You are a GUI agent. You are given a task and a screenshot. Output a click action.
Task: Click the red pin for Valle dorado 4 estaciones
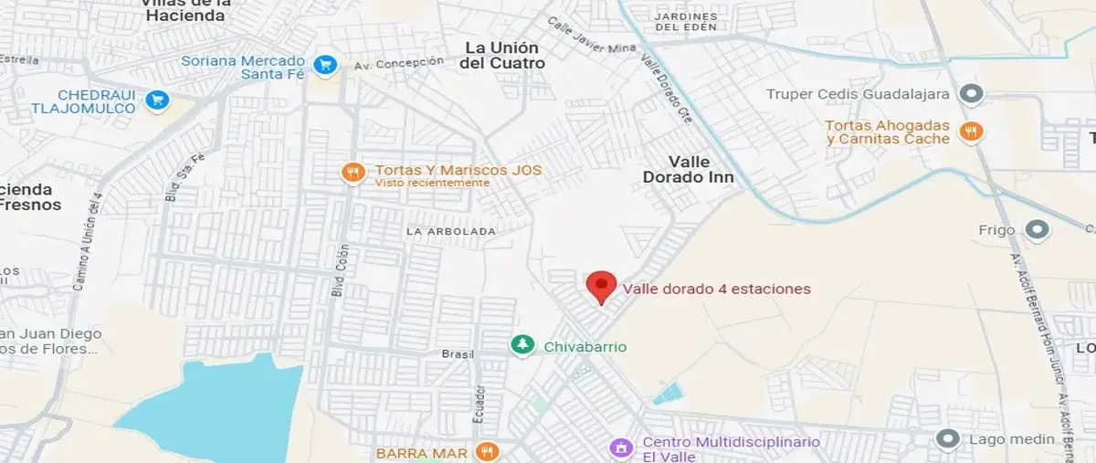pyautogui.click(x=600, y=285)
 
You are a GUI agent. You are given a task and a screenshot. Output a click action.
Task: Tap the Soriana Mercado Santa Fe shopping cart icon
pyautogui.click(x=324, y=65)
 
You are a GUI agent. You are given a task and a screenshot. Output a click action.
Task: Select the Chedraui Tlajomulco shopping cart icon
pyautogui.click(x=158, y=100)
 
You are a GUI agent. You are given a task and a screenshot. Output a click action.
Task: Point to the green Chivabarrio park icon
pyautogui.click(x=522, y=345)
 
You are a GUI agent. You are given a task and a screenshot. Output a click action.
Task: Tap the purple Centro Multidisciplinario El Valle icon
pyautogui.click(x=621, y=447)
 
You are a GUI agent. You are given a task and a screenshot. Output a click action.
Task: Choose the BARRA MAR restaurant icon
pyautogui.click(x=488, y=451)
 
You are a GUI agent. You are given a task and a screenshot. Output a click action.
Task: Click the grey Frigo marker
pyautogui.click(x=1036, y=230)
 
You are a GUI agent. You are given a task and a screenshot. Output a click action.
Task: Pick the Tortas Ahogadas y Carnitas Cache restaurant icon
pyautogui.click(x=971, y=132)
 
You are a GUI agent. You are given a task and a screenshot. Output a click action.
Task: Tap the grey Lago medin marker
pyautogui.click(x=948, y=439)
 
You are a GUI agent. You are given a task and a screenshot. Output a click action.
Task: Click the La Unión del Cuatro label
pyautogui.click(x=502, y=55)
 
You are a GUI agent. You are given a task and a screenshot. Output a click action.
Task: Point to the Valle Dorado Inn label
pyautogui.click(x=689, y=170)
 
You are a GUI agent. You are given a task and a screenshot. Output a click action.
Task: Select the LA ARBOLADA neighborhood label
pyautogui.click(x=451, y=231)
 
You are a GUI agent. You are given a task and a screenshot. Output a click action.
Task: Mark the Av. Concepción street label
pyautogui.click(x=398, y=62)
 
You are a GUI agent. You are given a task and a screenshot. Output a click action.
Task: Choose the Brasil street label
pyautogui.click(x=455, y=353)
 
